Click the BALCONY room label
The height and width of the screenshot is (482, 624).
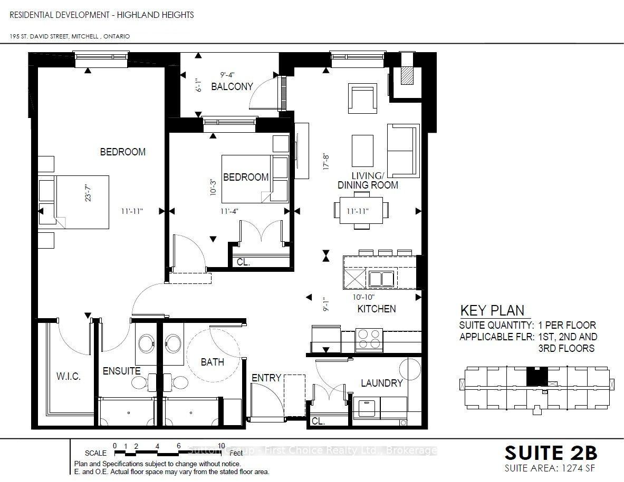[x=232, y=86]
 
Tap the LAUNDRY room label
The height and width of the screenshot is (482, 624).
[x=382, y=383]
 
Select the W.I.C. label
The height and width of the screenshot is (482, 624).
[x=69, y=376]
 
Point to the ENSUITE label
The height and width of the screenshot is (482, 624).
[x=121, y=371]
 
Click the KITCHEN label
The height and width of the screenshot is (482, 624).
[x=377, y=309]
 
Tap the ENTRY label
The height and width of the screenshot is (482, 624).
[x=266, y=378]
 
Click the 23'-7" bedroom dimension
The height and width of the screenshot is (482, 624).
[x=88, y=192]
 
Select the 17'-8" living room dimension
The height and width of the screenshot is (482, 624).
[x=327, y=162]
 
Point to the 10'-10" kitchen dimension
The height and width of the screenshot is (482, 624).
[x=364, y=297]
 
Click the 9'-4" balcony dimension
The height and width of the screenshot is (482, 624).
[x=228, y=74]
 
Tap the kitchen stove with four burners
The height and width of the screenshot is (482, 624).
[x=369, y=339]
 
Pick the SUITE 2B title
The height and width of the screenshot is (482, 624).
[x=551, y=453]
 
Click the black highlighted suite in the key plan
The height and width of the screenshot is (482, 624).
[x=537, y=376]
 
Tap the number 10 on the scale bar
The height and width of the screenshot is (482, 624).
[x=221, y=446]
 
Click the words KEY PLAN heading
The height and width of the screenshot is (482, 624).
[x=492, y=310]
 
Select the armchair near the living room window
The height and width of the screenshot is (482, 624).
[x=362, y=98]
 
